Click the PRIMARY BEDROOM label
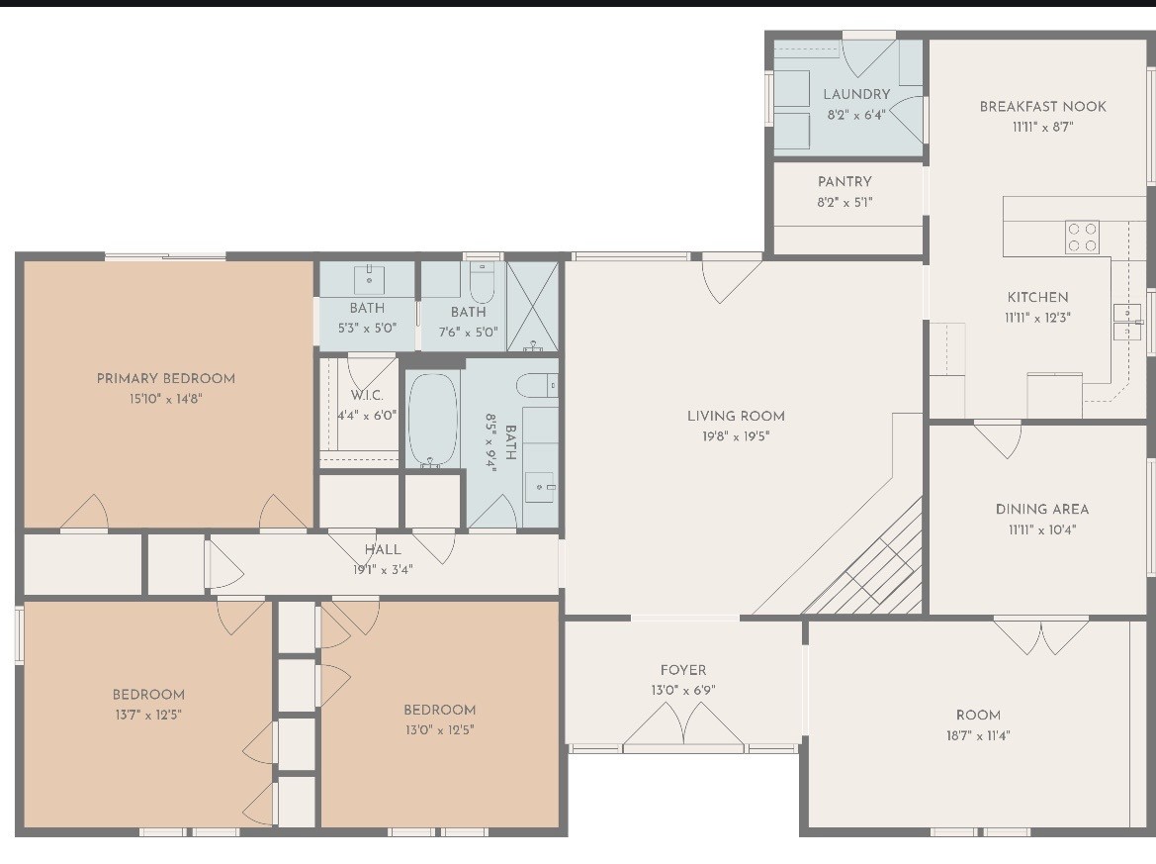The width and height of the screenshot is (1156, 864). point(165,378)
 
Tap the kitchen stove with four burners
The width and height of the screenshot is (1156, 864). point(1082,237)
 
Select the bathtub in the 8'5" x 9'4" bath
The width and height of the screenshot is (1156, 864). point(433,419)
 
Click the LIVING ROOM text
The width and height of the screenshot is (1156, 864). point(736,416)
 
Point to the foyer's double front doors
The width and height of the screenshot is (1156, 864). point(683,727)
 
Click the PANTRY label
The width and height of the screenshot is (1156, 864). point(845,182)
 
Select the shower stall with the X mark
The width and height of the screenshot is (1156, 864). point(532,306)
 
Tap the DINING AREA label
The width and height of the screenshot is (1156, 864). point(1041,509)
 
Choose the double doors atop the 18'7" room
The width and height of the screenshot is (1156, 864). point(1041,634)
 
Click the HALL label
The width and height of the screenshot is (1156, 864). point(383,549)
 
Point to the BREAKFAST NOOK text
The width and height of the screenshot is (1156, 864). point(1042,106)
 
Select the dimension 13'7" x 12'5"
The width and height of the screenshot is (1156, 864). point(147,715)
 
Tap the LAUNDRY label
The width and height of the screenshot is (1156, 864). point(856,94)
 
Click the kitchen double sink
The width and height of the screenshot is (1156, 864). point(1126,322)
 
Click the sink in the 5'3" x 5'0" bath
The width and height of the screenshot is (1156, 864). point(368,273)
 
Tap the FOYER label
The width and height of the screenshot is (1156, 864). point(683,670)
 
